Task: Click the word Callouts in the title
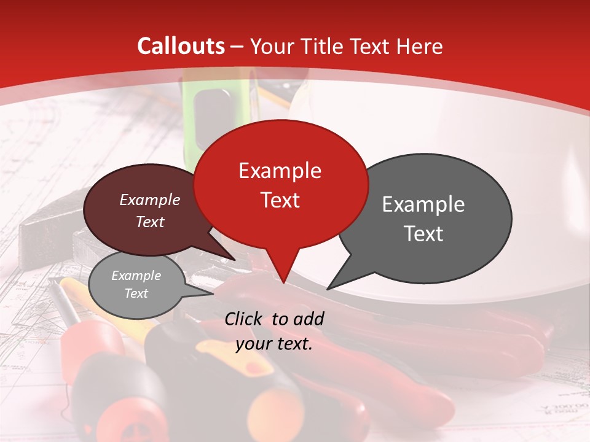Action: (x=181, y=46)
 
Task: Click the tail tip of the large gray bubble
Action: (x=328, y=289)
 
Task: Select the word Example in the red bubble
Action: (x=280, y=171)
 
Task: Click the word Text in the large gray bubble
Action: (x=423, y=234)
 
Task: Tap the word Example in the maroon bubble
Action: (x=149, y=200)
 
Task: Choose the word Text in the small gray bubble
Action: (x=136, y=293)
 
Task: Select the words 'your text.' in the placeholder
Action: (x=274, y=344)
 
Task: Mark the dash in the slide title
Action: (x=237, y=46)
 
